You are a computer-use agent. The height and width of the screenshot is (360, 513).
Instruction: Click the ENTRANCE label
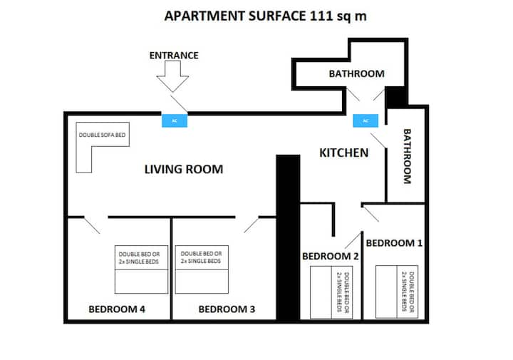(x=174, y=56)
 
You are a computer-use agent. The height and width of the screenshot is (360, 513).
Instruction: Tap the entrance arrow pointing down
(x=172, y=76)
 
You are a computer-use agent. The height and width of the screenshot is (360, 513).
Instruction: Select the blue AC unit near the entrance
(x=175, y=120)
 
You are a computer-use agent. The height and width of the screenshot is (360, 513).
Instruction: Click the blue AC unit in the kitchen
(x=366, y=120)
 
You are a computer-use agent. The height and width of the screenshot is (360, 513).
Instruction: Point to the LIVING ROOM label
(x=184, y=169)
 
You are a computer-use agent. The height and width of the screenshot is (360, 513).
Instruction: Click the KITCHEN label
(x=343, y=153)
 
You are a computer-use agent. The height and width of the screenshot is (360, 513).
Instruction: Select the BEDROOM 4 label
(x=117, y=309)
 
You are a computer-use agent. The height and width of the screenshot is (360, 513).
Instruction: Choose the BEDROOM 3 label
(x=227, y=309)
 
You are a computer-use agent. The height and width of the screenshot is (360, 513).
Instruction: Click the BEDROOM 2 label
(x=331, y=256)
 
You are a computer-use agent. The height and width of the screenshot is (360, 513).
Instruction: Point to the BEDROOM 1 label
(x=394, y=243)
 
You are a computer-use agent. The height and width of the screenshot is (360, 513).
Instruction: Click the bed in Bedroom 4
(x=141, y=269)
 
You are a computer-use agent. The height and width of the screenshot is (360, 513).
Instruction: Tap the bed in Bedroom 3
(x=202, y=269)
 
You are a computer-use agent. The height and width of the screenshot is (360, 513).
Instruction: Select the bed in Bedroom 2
(x=331, y=292)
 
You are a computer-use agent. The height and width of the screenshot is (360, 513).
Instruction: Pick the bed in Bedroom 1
(x=397, y=292)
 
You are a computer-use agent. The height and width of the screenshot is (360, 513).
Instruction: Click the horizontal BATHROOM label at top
(x=357, y=73)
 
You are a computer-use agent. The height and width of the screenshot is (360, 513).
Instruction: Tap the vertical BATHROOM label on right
(x=407, y=156)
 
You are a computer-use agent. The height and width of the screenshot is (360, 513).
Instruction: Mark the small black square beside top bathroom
(x=395, y=98)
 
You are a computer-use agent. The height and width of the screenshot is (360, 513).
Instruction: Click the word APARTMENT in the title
(x=204, y=16)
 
